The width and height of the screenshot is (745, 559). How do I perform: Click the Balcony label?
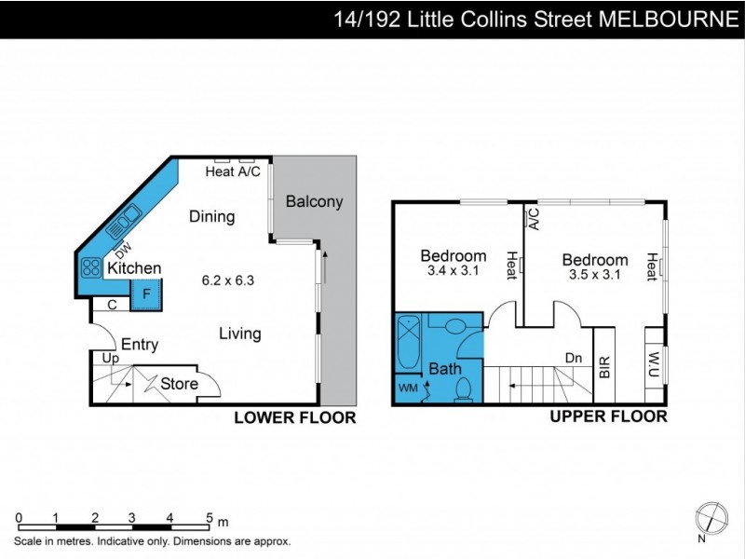coord(314,201)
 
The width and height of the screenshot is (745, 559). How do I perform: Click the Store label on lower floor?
coord(179,383)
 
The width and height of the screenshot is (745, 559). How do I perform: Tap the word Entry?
coord(140,345)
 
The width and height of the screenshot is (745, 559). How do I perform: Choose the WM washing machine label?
coord(408,386)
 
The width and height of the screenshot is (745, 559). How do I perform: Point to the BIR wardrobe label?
coord(604,366)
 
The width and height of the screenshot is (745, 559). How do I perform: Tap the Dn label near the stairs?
coord(574,357)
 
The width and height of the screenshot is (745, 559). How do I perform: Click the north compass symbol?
coord(711,517)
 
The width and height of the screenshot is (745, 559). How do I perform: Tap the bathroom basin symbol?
coord(455,326)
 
